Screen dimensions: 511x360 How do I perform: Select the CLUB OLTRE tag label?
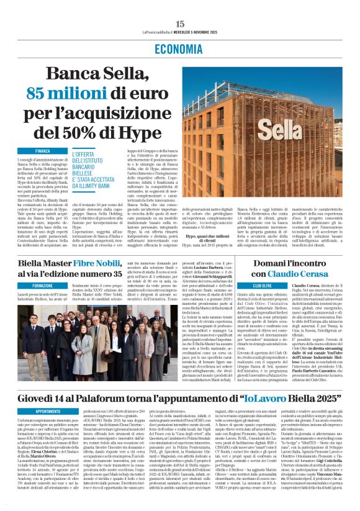click(259, 285)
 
